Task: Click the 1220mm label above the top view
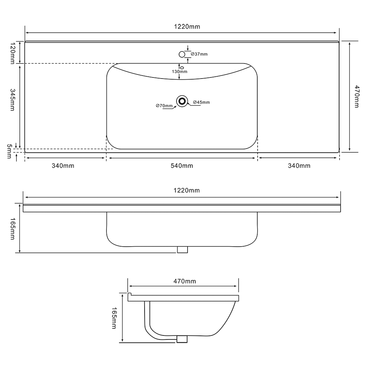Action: coord(187,26)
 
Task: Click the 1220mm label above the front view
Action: coord(187,190)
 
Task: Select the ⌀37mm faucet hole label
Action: coord(199,54)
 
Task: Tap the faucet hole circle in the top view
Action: coord(182,54)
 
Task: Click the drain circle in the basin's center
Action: coord(182,101)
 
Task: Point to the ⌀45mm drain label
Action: coord(201,102)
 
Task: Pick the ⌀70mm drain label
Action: coord(164,106)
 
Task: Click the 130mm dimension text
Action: coord(179,72)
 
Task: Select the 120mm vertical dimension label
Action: coord(12,52)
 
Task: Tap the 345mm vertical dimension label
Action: coord(12,99)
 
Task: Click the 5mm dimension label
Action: coord(9,151)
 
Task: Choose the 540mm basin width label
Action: coord(182,166)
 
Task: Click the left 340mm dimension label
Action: coord(63,166)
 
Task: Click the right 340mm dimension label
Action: coord(299,166)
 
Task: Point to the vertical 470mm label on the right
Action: coord(356,97)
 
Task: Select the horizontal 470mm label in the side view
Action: coord(184,281)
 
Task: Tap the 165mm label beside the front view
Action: coord(12,229)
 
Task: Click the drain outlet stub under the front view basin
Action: coord(182,250)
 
